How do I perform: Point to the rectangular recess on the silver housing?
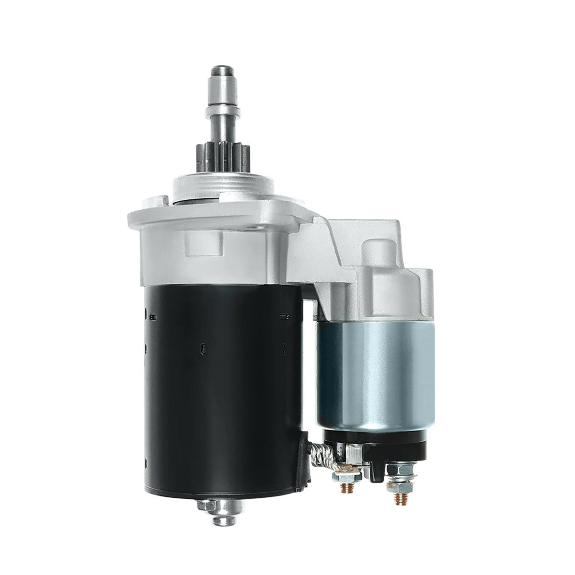pos(205,247)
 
